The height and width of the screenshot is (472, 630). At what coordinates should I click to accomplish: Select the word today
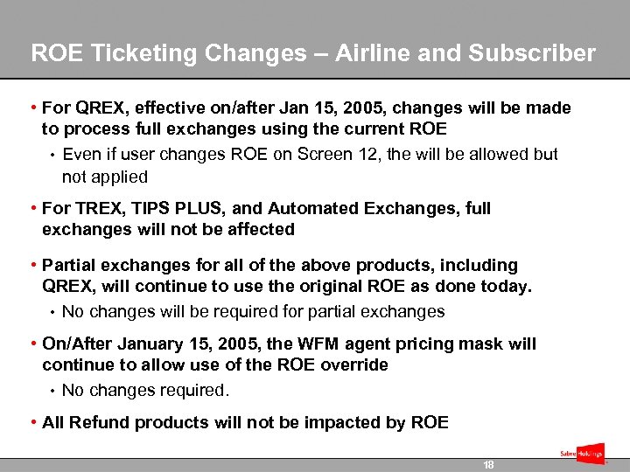(x=507, y=287)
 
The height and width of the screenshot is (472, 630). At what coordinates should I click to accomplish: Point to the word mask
(x=516, y=344)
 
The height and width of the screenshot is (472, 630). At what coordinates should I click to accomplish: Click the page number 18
(x=488, y=465)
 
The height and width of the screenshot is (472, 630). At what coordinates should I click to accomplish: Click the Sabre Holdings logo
(x=581, y=454)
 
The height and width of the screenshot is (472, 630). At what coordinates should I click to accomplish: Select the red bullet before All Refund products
(x=32, y=423)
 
